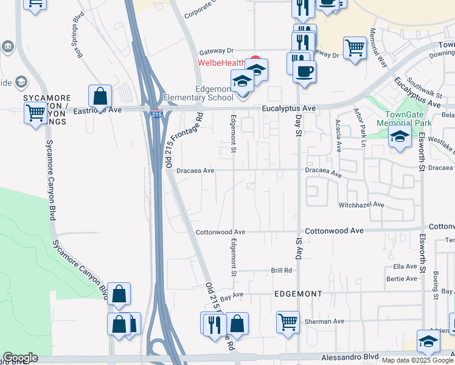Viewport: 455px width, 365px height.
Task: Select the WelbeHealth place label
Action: click(x=220, y=62)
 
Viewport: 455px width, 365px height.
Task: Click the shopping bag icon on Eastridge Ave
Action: click(x=100, y=96)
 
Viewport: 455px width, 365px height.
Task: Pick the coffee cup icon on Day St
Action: click(x=304, y=71)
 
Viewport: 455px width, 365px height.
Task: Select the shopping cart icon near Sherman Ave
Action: click(x=288, y=321)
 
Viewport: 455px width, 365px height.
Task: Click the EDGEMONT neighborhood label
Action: click(x=298, y=294)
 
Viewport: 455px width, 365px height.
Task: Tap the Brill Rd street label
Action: click(x=282, y=270)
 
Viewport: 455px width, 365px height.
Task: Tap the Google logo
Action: click(x=20, y=358)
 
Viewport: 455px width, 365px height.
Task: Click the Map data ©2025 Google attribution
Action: click(x=417, y=360)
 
